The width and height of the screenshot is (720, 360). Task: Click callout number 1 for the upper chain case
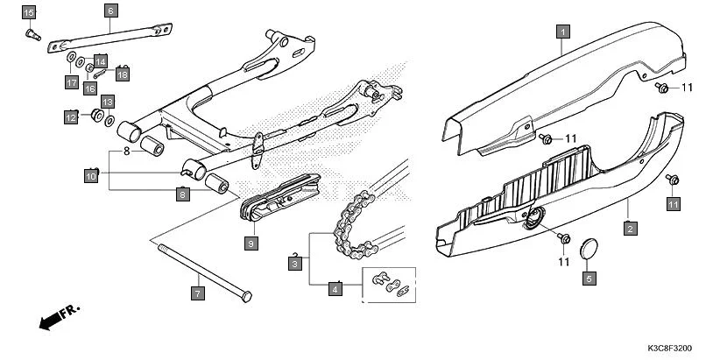(563, 32)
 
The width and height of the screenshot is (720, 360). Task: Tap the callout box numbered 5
(589, 279)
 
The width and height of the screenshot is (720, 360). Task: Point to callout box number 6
(110, 11)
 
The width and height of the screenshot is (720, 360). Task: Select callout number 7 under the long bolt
(198, 293)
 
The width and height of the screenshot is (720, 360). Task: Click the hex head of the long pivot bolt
(245, 293)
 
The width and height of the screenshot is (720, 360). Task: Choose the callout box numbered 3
(296, 263)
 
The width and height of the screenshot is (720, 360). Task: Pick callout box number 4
(335, 287)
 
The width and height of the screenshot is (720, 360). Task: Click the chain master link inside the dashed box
(390, 282)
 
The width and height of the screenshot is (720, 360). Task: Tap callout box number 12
(70, 116)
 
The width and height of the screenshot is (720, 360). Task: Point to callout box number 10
(89, 176)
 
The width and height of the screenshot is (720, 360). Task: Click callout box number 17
(70, 82)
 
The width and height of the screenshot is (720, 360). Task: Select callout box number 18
(121, 74)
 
